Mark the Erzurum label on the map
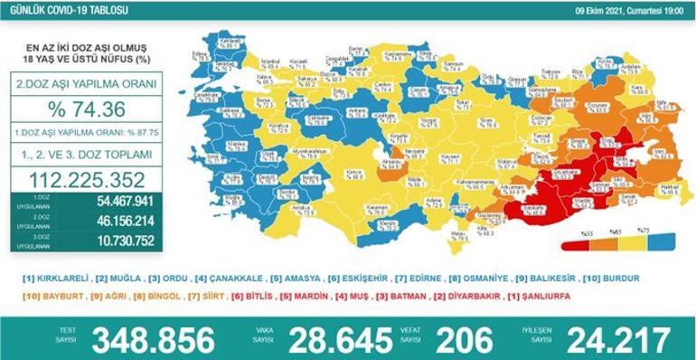point(595,106)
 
